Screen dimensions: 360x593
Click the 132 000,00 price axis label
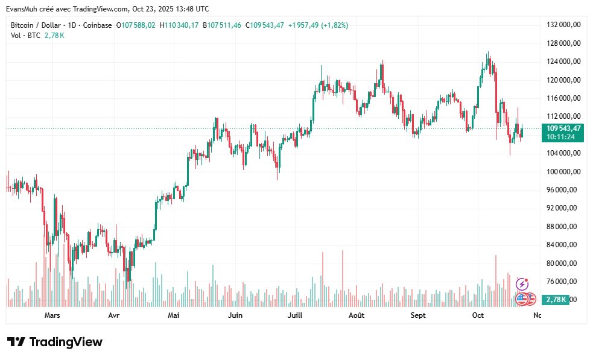click(x=563, y=25)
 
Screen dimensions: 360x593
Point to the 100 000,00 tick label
click(x=563, y=171)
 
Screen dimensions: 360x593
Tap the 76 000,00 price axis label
click(x=563, y=281)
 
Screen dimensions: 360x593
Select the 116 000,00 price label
click(x=563, y=98)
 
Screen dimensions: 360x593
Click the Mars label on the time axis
click(x=52, y=315)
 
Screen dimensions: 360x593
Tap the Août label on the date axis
click(x=357, y=315)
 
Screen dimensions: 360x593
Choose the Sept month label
click(x=417, y=315)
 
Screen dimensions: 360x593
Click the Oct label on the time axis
click(x=478, y=315)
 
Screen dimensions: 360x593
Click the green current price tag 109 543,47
click(x=563, y=128)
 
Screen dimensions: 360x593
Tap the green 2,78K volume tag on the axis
click(x=556, y=300)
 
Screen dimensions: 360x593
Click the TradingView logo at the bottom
click(x=55, y=342)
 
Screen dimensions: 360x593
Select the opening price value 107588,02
click(x=138, y=25)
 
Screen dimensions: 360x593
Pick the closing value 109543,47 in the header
click(x=267, y=25)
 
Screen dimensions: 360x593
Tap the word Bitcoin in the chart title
click(x=23, y=25)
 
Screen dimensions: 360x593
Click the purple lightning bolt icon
click(x=522, y=283)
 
